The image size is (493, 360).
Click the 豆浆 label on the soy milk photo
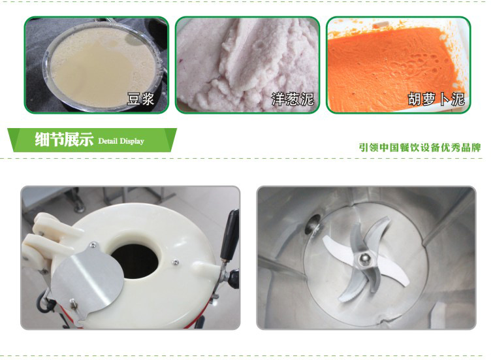tap(140, 99)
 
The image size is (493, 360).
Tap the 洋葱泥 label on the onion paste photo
tap(293, 99)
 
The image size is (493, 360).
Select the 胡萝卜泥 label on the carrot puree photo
tap(436, 99)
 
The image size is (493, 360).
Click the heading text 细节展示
tap(64, 139)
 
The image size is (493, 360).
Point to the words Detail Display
tap(121, 141)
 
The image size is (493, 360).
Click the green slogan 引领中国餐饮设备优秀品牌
tap(420, 147)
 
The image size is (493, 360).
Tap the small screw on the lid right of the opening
tap(176, 262)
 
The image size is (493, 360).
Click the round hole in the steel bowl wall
tap(312, 223)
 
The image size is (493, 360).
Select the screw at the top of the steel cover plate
tap(93, 245)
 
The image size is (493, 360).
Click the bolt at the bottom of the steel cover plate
tap(73, 303)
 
